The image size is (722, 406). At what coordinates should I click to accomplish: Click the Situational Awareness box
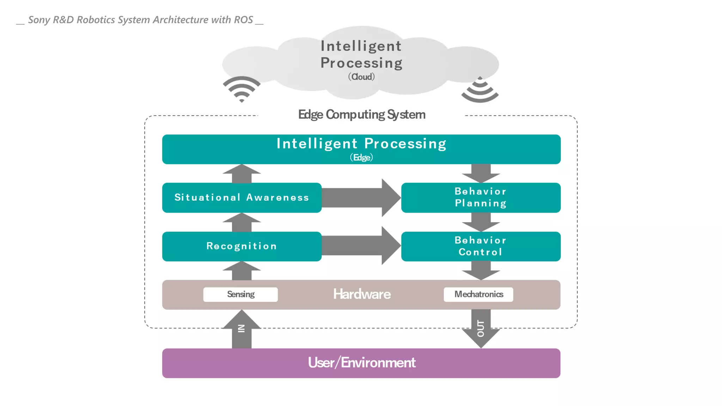[x=241, y=197]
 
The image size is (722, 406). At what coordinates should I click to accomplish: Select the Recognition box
[x=241, y=246]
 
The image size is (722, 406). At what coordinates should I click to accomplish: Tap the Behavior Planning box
[x=481, y=197]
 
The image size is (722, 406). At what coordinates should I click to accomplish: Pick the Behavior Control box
[x=481, y=246]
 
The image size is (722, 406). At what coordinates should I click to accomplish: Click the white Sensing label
[x=240, y=294]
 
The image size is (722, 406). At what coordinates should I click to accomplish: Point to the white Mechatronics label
[x=478, y=294]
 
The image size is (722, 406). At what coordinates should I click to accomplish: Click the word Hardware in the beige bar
[x=362, y=294]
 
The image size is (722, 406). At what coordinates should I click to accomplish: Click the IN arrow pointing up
[x=241, y=330]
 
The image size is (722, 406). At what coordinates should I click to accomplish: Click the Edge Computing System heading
[x=362, y=115]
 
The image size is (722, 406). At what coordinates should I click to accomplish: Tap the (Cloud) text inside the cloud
[x=361, y=77]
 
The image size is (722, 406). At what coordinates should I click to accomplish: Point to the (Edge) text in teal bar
[x=361, y=158]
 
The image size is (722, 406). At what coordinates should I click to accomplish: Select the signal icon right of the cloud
[x=480, y=91]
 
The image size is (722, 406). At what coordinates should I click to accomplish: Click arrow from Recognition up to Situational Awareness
[x=241, y=223]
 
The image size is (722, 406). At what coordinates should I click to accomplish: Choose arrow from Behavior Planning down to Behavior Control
[x=481, y=222]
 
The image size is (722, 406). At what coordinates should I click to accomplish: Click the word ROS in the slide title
[x=244, y=20]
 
